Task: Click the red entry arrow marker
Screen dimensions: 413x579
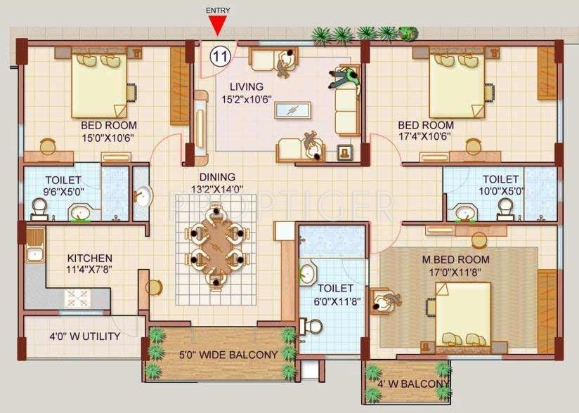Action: click(219, 26)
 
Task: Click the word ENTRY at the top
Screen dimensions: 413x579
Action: click(219, 11)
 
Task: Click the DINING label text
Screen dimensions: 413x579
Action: click(216, 177)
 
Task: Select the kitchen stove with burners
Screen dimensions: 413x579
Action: click(78, 297)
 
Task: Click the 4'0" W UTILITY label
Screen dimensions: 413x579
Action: click(84, 336)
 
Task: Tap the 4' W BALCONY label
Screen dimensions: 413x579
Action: click(413, 384)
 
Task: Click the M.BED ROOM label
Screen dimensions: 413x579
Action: click(456, 260)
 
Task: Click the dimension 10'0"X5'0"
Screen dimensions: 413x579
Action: click(501, 191)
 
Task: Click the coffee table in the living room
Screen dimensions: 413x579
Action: click(293, 111)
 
